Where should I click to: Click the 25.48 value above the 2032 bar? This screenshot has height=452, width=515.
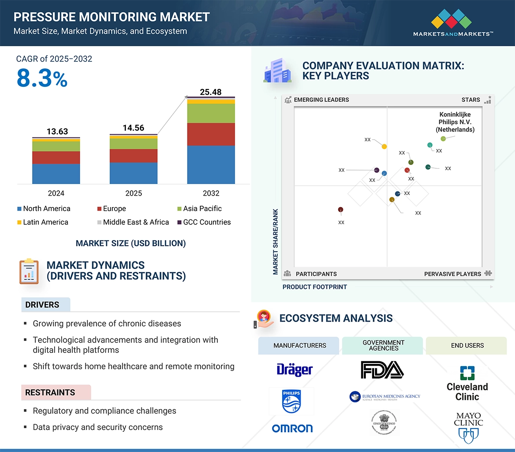(x=210, y=92)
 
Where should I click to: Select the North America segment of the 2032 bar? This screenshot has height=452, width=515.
(x=211, y=164)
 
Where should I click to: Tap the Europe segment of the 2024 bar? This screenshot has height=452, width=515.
(x=56, y=157)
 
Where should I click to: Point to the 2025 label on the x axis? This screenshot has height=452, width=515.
(x=133, y=193)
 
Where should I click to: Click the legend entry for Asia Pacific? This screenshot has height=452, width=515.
(x=202, y=209)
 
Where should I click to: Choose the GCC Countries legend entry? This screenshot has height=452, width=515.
(x=206, y=222)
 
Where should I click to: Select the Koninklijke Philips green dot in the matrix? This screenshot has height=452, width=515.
(x=443, y=139)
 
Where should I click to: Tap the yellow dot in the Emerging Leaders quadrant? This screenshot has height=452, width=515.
(x=384, y=146)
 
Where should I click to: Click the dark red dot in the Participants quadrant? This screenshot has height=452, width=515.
(x=340, y=210)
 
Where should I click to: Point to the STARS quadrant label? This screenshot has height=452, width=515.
(x=471, y=100)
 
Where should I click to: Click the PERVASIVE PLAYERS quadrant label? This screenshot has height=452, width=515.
(x=452, y=274)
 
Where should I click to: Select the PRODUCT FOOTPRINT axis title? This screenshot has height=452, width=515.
(x=315, y=287)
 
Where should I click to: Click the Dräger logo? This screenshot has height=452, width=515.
(x=294, y=370)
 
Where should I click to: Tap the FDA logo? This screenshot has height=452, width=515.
(x=382, y=370)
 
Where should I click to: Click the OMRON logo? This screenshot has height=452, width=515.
(x=292, y=428)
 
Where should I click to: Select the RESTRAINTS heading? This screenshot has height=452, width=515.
(x=50, y=393)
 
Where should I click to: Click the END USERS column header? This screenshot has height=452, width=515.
(x=467, y=346)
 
